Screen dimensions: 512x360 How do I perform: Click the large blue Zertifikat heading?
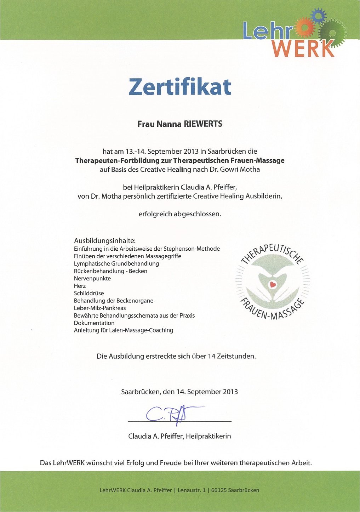pyautogui.click(x=179, y=86)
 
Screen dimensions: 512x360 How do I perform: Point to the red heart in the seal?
pyautogui.click(x=273, y=284)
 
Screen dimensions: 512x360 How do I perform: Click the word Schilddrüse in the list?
pyautogui.click(x=89, y=293)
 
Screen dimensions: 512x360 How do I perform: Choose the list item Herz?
pyautogui.click(x=80, y=286)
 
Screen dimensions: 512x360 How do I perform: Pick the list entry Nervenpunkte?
pyautogui.click(x=92, y=278)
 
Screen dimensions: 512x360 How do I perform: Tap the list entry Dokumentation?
pyautogui.click(x=94, y=323)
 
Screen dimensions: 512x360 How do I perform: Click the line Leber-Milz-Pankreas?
pyautogui.click(x=100, y=308)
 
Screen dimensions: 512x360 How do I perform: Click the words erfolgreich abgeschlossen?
pyautogui.click(x=180, y=214)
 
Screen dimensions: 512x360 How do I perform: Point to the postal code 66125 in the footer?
pyautogui.click(x=219, y=490)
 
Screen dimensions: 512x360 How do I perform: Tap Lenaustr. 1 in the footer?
pyautogui.click(x=192, y=490)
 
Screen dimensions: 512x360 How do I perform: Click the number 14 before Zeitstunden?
pyautogui.click(x=212, y=356)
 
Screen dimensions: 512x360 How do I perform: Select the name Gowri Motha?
pyautogui.click(x=240, y=169)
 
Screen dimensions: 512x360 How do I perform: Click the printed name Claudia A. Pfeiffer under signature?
pyautogui.click(x=156, y=436)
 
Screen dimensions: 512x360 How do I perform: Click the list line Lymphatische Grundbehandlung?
pyautogui.click(x=116, y=263)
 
